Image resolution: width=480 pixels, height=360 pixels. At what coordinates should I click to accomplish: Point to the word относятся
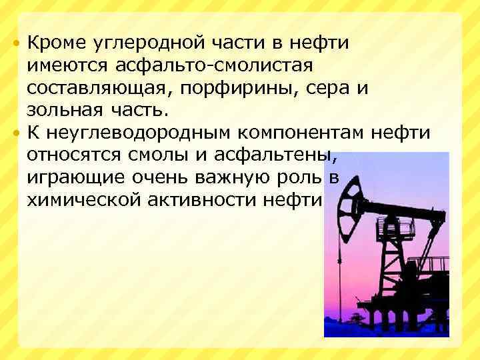click(71, 156)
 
